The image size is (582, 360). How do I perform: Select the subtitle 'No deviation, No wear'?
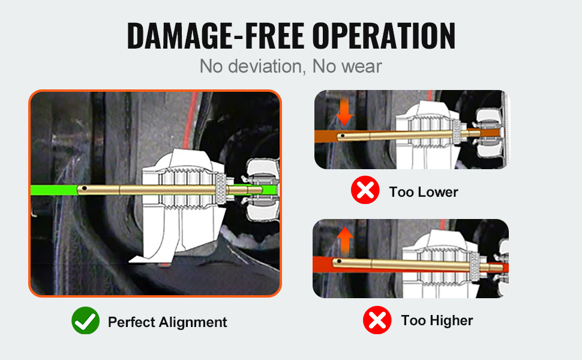click(290, 66)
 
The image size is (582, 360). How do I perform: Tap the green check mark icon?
click(85, 321)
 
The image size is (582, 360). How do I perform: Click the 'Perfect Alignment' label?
click(167, 322)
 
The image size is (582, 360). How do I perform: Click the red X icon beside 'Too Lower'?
click(365, 191)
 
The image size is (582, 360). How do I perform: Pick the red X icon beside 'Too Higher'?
click(377, 320)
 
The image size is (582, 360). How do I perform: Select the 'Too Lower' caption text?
click(423, 192)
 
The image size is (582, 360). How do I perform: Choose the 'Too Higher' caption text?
click(437, 320)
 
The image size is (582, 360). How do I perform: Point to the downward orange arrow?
click(344, 110)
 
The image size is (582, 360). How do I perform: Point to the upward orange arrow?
click(344, 239)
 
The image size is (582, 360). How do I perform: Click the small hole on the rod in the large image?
click(86, 190)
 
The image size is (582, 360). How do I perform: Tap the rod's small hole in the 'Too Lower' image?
click(343, 136)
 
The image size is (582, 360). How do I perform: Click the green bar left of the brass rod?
click(53, 190)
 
